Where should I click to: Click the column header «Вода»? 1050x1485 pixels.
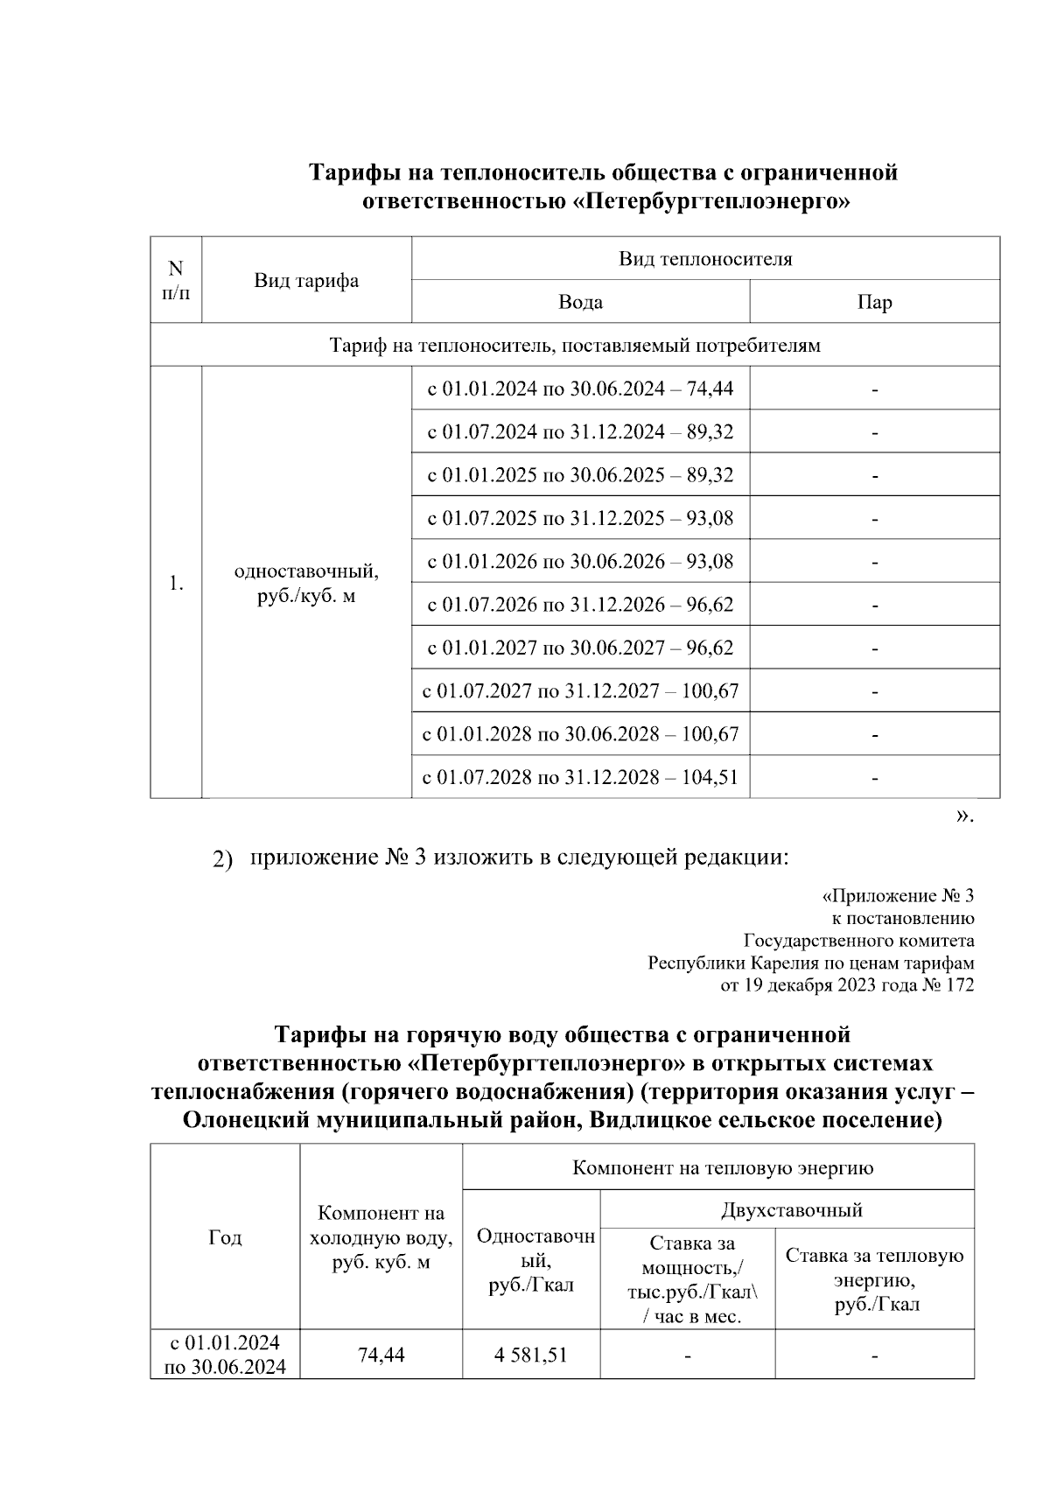[x=580, y=303]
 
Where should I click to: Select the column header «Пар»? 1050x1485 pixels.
[x=874, y=303]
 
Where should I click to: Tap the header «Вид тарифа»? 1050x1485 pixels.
[x=306, y=281]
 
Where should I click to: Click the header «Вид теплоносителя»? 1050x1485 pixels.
[x=705, y=259]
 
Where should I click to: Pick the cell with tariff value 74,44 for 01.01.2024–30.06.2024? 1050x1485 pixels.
[x=580, y=389]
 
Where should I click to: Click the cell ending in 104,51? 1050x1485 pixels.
[x=580, y=777]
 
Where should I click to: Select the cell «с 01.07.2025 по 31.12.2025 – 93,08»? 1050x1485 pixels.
[x=580, y=518]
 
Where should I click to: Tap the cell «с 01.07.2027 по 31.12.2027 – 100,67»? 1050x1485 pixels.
[x=580, y=691]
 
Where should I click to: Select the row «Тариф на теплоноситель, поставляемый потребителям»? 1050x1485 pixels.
[x=575, y=346]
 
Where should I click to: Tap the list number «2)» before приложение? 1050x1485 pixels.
[x=223, y=859]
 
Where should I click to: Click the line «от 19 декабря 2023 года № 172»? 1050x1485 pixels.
[x=846, y=986]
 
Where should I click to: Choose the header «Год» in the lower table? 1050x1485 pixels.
[x=225, y=1237]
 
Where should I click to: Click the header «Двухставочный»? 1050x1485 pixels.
[x=791, y=1210]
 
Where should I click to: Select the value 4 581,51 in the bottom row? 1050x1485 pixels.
[x=530, y=1355]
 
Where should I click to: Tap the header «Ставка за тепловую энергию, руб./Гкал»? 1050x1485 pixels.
[x=874, y=1279]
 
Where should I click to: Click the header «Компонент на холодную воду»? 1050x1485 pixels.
[x=381, y=1237]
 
